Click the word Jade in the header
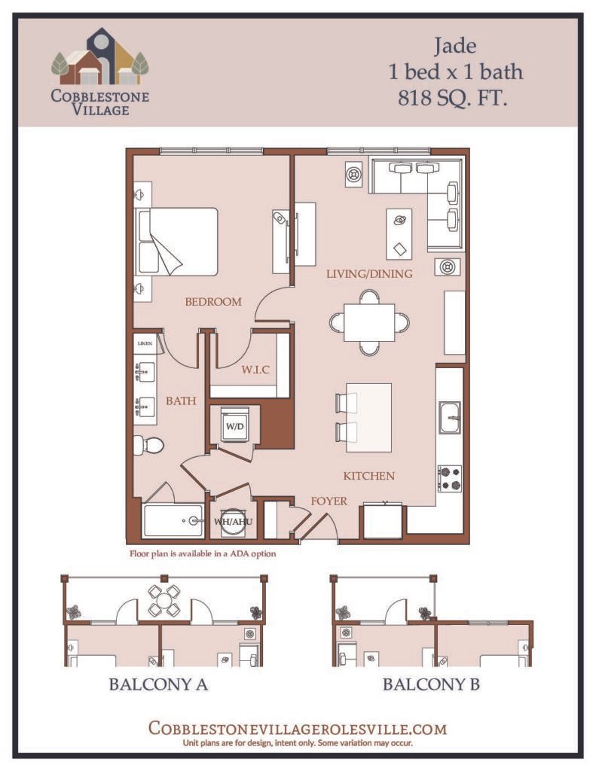tap(455, 46)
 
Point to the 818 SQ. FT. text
tap(452, 98)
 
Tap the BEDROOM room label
tap(213, 301)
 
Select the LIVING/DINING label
tap(369, 274)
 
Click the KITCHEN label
tap(368, 476)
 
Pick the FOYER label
tap(329, 501)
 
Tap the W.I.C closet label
tap(255, 369)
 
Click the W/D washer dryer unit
tap(234, 425)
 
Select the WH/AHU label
tap(233, 521)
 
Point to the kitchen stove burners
tap(450, 478)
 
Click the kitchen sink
tap(450, 417)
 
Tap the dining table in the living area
tap(369, 322)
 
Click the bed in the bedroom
tap(177, 242)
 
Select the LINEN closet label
tap(145, 343)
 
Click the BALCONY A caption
tap(158, 684)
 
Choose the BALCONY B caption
tap(431, 684)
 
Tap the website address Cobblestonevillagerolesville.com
tap(298, 728)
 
